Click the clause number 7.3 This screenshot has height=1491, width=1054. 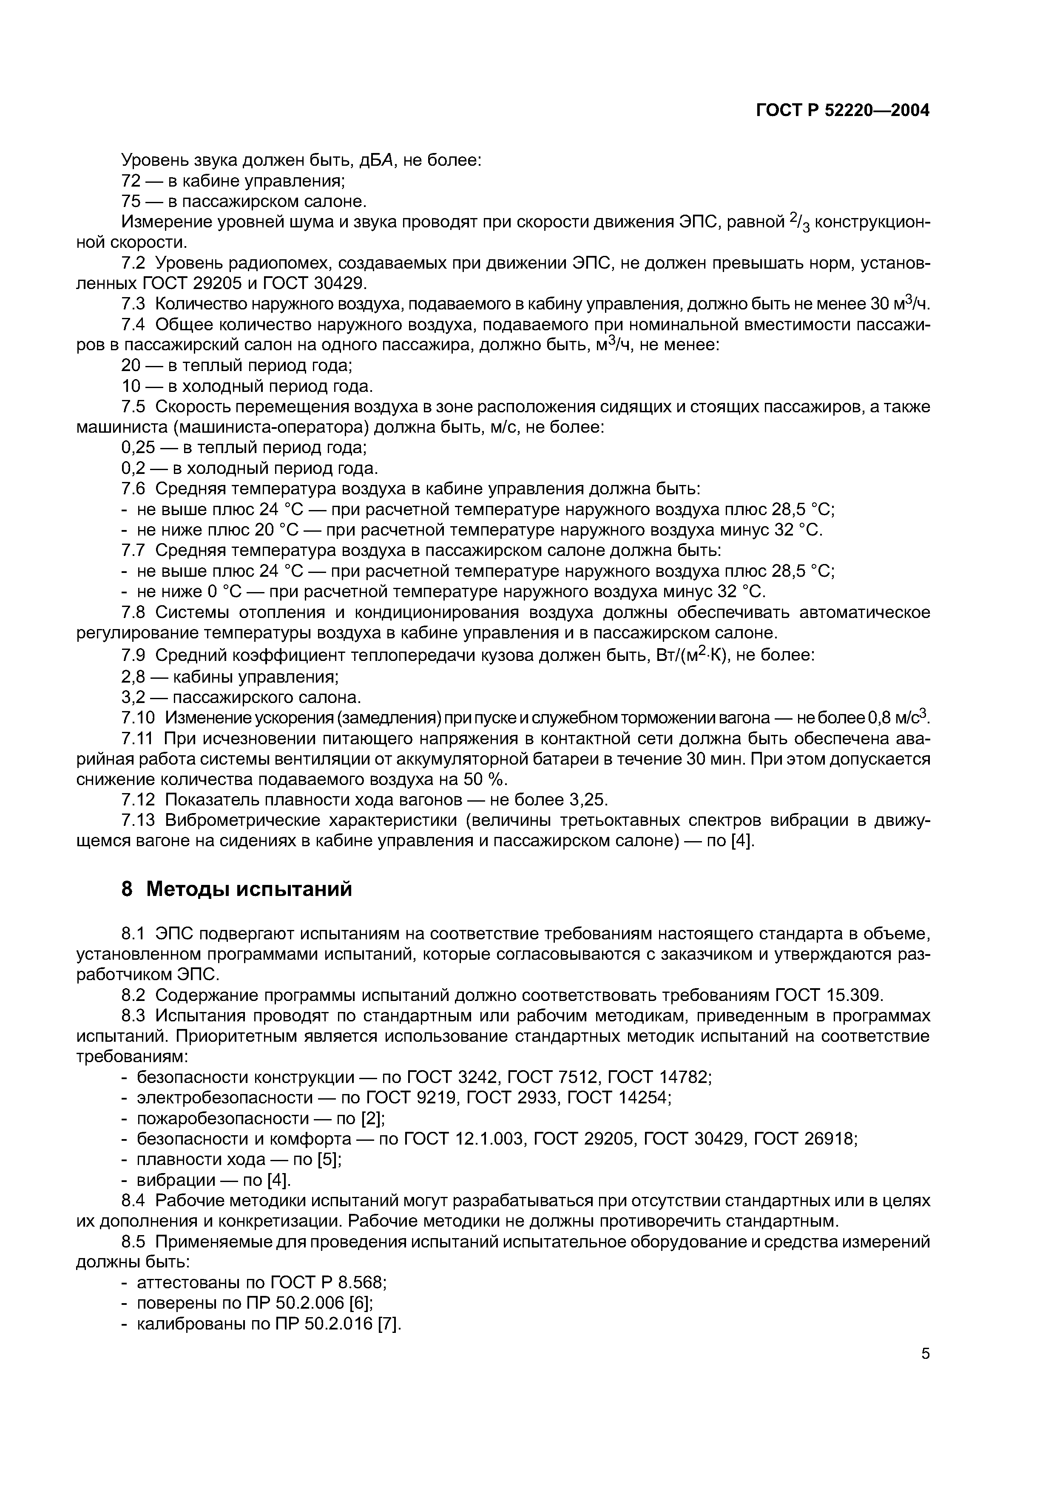click(x=133, y=304)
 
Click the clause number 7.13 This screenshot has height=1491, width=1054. click(x=138, y=820)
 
